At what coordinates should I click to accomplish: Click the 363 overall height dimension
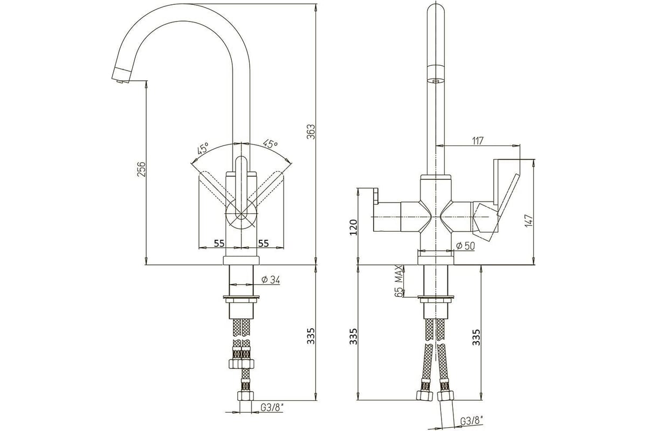coord(311,132)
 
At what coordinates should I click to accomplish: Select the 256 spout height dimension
coord(141,170)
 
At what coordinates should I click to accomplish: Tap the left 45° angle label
coord(203,148)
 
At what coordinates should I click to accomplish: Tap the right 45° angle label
coord(270,144)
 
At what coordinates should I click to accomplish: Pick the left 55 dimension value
coord(219,244)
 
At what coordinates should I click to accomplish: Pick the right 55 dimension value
coord(263,244)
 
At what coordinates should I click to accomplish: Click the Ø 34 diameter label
coord(271,280)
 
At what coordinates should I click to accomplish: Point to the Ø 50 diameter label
coord(465,246)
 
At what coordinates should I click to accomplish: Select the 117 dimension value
coord(478,141)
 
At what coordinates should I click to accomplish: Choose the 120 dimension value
coord(353,227)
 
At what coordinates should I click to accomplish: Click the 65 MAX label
coord(398,281)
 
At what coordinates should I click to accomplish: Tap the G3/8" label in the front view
coord(272,407)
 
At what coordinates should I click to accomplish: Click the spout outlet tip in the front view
coord(120,81)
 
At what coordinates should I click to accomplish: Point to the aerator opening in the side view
coord(436,81)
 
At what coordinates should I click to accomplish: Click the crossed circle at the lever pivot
coord(241,214)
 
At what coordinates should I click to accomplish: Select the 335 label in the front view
coord(311,336)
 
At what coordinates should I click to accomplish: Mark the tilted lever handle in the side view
coord(508,196)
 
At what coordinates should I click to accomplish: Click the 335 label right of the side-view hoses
coord(476,337)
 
